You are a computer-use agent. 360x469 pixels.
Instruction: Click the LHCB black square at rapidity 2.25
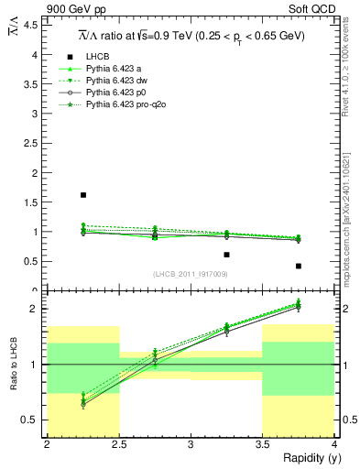[x=83, y=195]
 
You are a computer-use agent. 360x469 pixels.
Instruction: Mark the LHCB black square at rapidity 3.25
[x=226, y=255]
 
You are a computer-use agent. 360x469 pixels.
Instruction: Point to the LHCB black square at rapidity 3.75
[x=299, y=266]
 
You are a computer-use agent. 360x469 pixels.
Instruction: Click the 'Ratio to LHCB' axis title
[x=12, y=365]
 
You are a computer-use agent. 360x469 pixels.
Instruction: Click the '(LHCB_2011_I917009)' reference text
[x=190, y=274]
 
